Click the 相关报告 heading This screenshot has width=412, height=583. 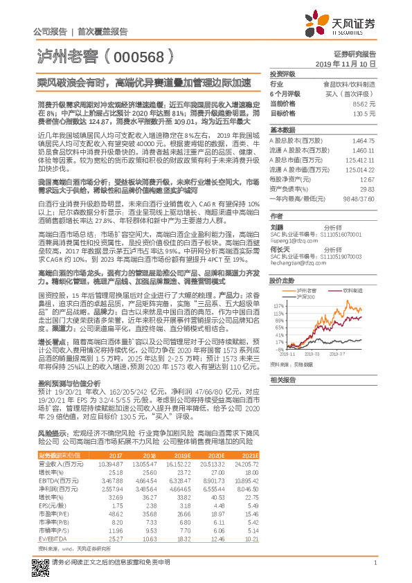tap(283, 380)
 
